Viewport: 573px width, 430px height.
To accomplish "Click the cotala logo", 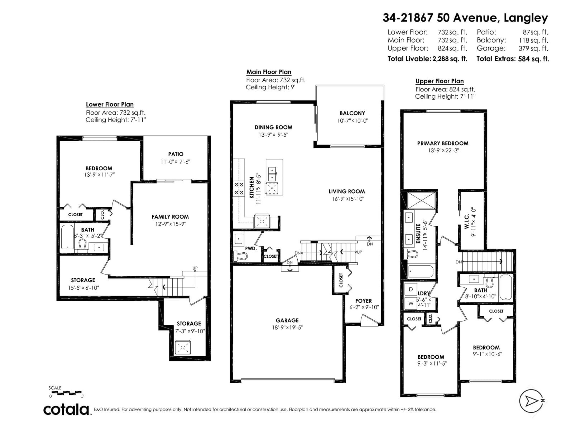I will click(66, 410).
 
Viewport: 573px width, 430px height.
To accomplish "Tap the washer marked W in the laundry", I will click(411, 303).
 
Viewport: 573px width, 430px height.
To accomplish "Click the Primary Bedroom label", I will click(443, 143).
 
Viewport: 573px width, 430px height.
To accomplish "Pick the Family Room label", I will click(170, 217).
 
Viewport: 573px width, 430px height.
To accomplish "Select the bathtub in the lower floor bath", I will click(67, 237).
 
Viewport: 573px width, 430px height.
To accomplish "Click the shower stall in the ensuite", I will click(421, 200).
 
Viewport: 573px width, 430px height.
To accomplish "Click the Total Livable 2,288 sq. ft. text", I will click(427, 59).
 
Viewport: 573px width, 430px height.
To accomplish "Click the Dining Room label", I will click(273, 127).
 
